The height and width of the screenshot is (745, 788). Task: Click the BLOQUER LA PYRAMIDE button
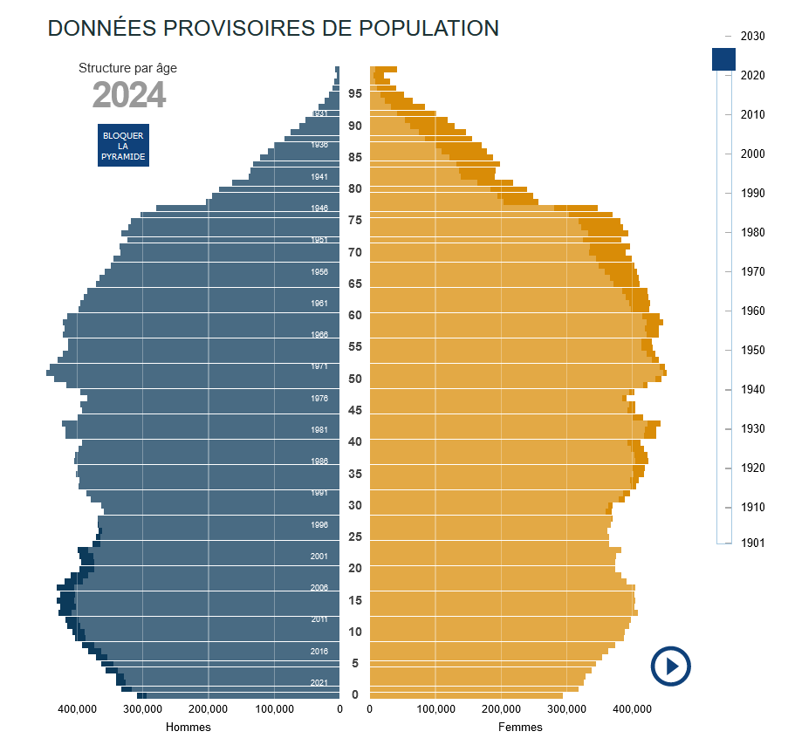123,146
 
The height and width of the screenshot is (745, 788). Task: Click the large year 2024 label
129,95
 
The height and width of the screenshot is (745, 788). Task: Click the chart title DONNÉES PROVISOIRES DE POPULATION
273,28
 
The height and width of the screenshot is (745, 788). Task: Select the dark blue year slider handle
724,59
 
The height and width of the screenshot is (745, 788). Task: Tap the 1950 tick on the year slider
752,350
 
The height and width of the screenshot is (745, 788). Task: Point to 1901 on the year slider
752,543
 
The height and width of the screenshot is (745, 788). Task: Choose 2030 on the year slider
752,37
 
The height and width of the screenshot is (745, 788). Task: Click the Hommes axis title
188,727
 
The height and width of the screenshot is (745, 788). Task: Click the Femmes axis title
520,727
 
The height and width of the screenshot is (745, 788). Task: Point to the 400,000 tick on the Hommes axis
77,710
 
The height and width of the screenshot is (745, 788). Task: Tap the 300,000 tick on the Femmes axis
566,710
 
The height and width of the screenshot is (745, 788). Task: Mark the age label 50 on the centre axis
355,379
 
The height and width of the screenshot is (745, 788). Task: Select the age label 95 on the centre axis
355,93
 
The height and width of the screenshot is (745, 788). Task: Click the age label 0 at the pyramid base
354,694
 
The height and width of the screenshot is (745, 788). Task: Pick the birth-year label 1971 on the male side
319,366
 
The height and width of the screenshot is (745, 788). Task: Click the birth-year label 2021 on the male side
319,682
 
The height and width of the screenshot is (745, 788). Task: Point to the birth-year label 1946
319,208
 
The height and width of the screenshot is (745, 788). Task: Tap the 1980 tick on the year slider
752,232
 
